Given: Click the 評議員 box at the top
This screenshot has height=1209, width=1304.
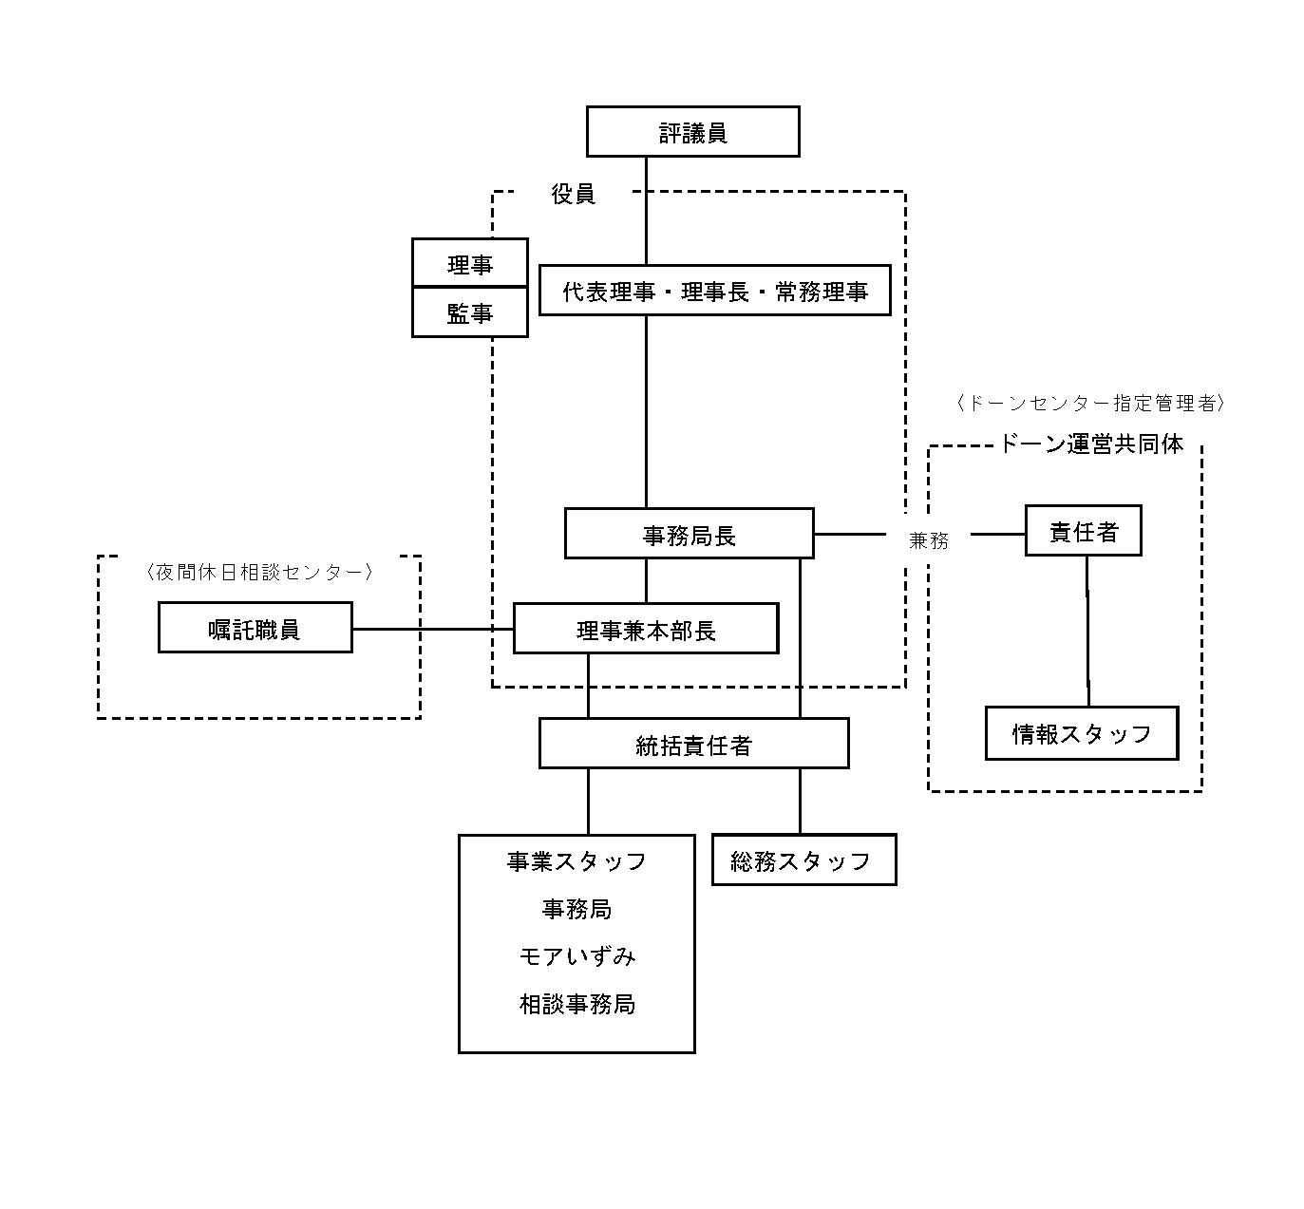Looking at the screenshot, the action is point(692,131).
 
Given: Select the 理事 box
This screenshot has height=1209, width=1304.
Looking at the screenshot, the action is point(469,263).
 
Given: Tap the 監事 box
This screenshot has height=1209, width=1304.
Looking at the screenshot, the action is point(469,312).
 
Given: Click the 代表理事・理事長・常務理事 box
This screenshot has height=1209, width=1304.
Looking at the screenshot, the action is point(715,291).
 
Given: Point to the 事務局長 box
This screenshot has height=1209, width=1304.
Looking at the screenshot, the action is point(689,533).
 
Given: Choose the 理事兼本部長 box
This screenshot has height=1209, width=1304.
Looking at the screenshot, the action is point(646,629).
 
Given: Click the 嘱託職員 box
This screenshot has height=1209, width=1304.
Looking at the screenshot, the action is point(255,627).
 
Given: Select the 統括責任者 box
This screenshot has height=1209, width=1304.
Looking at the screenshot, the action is point(694,744).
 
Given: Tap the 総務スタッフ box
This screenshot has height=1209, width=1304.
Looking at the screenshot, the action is point(803,860).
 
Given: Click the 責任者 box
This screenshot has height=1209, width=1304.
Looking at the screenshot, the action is point(1084,531).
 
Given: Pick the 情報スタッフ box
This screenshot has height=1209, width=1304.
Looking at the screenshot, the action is point(1082,733).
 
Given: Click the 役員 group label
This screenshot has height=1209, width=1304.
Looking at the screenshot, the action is point(573,194).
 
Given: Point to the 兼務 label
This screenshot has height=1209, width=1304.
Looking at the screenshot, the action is point(929,539).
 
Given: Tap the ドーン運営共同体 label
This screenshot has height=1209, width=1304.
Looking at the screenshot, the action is point(1091,444).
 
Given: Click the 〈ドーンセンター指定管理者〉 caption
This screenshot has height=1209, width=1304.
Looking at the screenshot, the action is point(1090,403).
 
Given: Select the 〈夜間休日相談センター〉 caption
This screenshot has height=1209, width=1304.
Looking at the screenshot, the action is point(259,572).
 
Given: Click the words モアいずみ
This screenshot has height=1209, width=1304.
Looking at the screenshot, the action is point(577,956).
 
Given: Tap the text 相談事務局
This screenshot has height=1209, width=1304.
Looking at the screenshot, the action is point(577,1004).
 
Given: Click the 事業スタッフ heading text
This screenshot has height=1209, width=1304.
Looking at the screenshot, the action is point(576,861).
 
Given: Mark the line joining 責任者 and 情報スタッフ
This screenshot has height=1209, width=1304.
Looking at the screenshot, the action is point(1087,632).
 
